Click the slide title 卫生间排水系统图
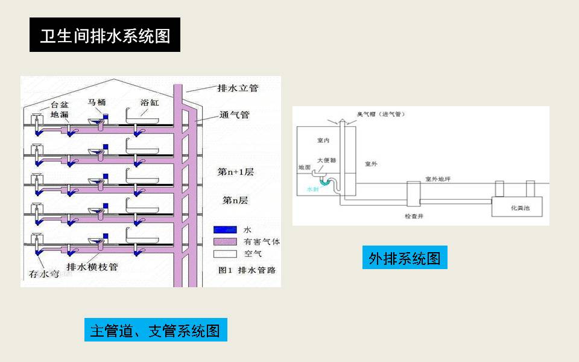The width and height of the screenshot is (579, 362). [x=105, y=36]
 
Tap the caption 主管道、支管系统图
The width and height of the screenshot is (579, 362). [x=155, y=330]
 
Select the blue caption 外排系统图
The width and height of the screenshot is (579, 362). [x=404, y=258]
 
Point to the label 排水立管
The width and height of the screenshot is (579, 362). [x=238, y=88]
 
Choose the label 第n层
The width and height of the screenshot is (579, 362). [x=235, y=200]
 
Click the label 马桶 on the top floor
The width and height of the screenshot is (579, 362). [x=97, y=103]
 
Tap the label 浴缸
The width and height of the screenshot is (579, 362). [x=150, y=103]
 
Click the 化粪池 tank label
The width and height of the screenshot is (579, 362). [x=520, y=207]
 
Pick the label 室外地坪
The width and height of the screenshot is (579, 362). [x=438, y=179]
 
